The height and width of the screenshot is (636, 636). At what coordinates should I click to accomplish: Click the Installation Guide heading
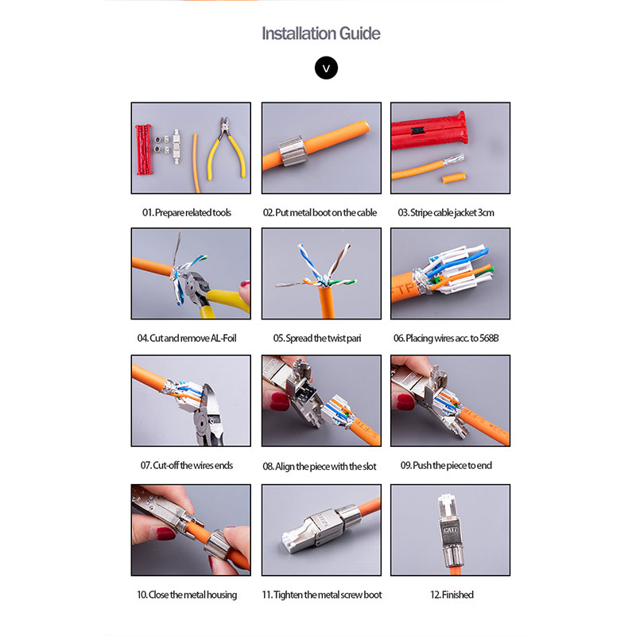pyautogui.click(x=321, y=33)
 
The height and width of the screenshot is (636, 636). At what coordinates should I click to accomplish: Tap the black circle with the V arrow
pyautogui.click(x=326, y=68)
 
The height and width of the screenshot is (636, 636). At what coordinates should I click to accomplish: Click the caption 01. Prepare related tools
pyautogui.click(x=187, y=212)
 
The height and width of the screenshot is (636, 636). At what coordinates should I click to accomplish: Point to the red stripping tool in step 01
pyautogui.click(x=145, y=149)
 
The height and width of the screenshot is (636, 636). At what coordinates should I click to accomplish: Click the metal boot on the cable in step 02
pyautogui.click(x=291, y=151)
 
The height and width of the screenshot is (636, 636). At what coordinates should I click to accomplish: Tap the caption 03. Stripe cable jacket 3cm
pyautogui.click(x=446, y=212)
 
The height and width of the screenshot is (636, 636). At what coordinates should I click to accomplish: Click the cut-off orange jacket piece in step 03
pyautogui.click(x=454, y=177)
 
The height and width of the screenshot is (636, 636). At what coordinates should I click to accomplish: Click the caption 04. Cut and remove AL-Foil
pyautogui.click(x=187, y=339)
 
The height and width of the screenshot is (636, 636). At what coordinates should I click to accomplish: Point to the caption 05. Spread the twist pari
pyautogui.click(x=316, y=339)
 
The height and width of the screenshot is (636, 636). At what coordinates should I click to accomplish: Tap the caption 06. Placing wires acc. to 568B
pyautogui.click(x=446, y=339)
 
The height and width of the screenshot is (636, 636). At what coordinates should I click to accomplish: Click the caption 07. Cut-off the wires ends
pyautogui.click(x=187, y=465)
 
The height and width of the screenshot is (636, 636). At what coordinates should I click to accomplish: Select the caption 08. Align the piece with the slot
pyautogui.click(x=320, y=467)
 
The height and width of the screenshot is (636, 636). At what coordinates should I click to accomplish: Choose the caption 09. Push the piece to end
pyautogui.click(x=446, y=465)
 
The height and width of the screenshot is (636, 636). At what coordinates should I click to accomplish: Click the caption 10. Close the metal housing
pyautogui.click(x=187, y=595)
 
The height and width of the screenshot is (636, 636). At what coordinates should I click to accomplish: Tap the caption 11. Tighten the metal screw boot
pyautogui.click(x=322, y=595)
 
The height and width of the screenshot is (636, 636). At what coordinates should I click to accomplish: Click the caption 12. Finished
pyautogui.click(x=452, y=595)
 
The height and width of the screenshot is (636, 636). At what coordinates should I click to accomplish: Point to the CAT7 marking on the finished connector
pyautogui.click(x=450, y=530)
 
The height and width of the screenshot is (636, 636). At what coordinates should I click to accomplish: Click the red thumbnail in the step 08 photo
pyautogui.click(x=280, y=401)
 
